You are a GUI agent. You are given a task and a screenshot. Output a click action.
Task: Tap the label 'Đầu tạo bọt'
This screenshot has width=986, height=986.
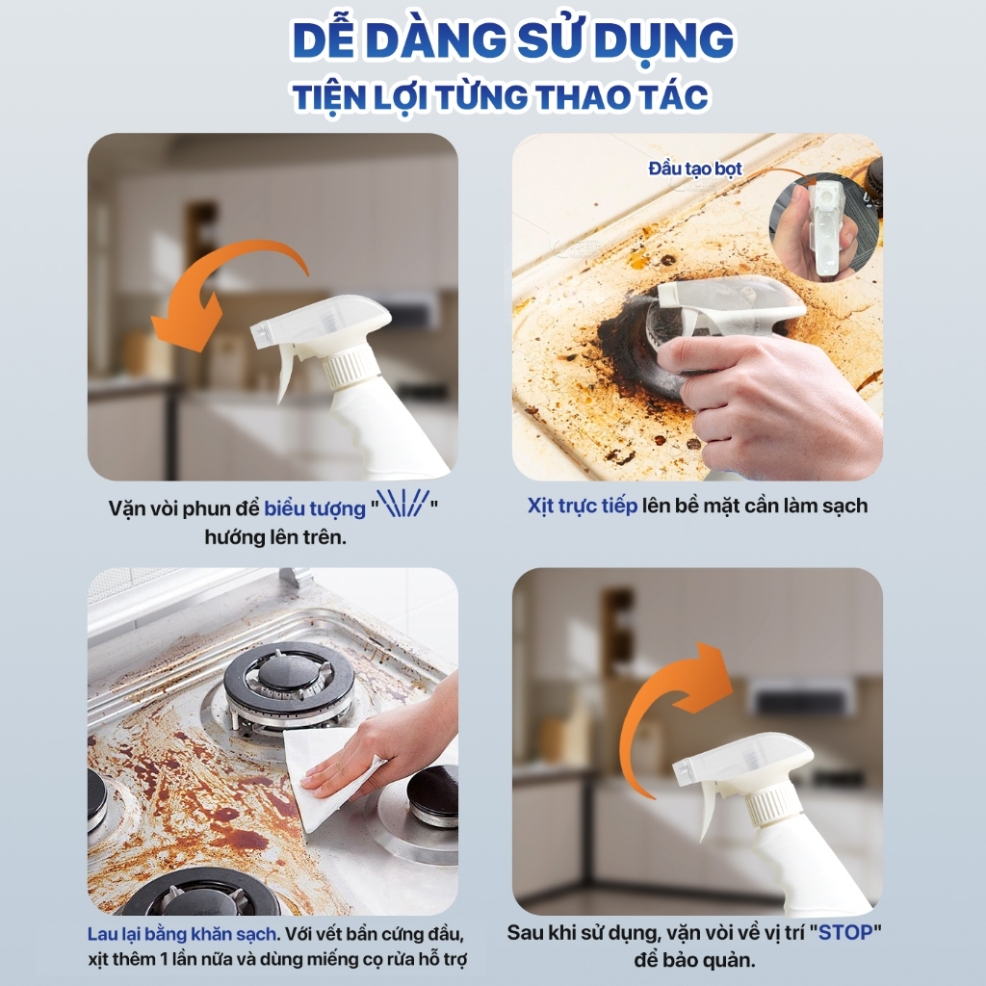click(695, 169)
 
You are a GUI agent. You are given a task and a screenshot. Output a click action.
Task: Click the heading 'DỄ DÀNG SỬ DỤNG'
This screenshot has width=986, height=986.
click(513, 39)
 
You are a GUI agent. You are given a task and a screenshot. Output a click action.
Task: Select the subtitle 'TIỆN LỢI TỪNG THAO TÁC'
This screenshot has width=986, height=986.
click(501, 97)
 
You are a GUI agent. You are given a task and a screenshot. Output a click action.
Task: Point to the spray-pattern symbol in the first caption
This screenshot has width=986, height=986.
click(402, 503)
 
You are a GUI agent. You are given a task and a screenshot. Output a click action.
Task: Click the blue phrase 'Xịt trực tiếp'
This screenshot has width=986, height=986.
click(583, 506)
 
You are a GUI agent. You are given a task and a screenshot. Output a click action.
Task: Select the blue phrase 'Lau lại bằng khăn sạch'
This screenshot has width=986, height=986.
click(182, 934)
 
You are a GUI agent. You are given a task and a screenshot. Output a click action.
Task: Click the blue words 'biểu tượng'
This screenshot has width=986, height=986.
click(315, 508)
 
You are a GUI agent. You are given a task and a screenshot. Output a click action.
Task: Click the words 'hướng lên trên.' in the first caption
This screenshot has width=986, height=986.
click(275, 537)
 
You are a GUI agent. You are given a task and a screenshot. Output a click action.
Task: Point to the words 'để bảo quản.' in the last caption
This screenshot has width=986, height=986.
click(694, 960)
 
